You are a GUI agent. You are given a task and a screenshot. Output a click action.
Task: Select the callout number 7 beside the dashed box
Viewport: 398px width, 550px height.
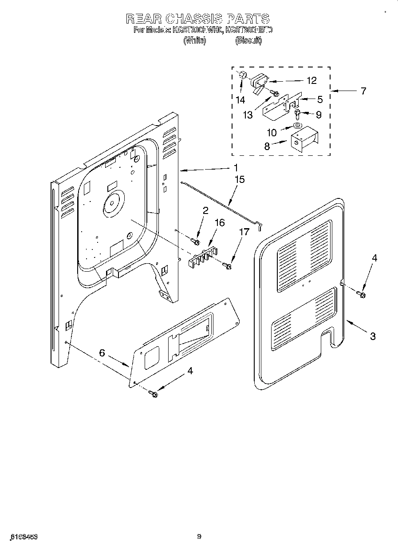pyautogui.click(x=363, y=91)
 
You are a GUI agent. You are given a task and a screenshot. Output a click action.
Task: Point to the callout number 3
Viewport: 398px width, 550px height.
pyautogui.click(x=372, y=336)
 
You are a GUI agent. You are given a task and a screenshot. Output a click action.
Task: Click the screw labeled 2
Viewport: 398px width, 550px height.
pyautogui.click(x=194, y=241)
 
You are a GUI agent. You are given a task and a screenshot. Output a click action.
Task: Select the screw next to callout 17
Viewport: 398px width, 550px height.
pyautogui.click(x=228, y=266)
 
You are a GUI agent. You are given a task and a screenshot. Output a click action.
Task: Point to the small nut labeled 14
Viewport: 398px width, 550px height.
pyautogui.click(x=242, y=75)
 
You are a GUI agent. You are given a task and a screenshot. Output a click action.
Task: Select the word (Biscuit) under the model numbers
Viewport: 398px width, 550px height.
pyautogui.click(x=248, y=40)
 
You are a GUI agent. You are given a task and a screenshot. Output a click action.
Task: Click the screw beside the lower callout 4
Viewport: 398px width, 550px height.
pyautogui.click(x=154, y=394)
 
